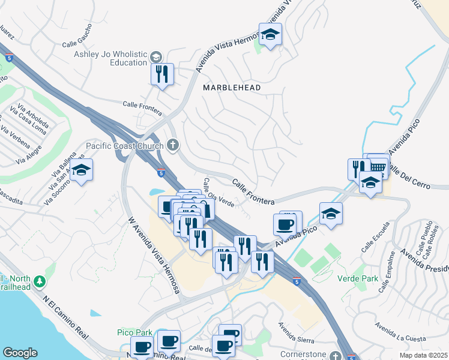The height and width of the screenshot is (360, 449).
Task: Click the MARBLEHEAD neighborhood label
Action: pos(232,88)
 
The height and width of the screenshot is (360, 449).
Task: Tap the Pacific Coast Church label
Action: pos(124,145)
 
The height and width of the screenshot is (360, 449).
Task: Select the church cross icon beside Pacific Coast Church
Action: pos(173,145)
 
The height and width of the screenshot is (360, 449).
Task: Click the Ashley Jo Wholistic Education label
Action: pos(110,58)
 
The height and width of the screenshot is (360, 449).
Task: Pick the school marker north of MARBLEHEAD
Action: pos(271,35)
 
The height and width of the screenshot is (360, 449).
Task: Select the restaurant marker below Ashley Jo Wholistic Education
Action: pos(162,74)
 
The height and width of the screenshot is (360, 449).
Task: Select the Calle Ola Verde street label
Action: pos(218,193)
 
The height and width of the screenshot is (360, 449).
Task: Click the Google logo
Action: pos(20,353)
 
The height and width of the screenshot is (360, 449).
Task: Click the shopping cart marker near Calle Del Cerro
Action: pos(378,165)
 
